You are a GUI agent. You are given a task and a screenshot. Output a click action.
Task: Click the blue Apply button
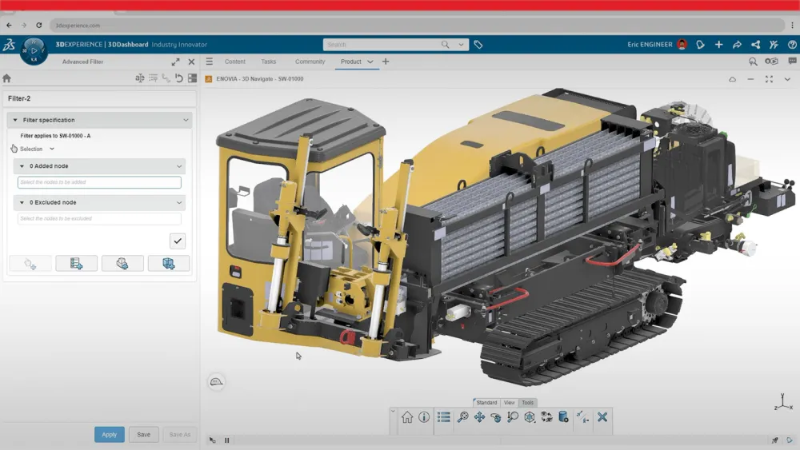109,435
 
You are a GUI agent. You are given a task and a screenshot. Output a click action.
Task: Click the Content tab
235,62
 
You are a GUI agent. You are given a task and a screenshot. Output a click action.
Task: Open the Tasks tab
269,62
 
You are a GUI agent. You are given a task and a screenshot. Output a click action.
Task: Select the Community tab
310,62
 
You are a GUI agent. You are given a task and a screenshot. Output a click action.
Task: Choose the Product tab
351,62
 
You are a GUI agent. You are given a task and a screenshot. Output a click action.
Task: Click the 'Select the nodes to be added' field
99,182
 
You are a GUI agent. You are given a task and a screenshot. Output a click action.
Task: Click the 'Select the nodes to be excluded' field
99,219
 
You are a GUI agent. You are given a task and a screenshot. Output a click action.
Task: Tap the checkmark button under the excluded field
178,241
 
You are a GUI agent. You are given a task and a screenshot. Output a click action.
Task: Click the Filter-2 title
19,98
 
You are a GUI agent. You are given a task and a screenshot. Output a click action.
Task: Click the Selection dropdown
37,149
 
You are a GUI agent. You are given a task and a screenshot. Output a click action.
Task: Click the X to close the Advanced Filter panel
191,62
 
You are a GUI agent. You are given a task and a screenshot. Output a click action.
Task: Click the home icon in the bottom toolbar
407,417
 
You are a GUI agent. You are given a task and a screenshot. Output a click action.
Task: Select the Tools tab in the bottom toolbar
527,403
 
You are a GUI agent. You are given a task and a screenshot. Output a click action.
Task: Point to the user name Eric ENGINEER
650,45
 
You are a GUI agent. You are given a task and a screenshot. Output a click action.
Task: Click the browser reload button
38,26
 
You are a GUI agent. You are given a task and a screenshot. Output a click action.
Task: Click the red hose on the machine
612,256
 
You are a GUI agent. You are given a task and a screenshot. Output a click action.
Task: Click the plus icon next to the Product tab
386,62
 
